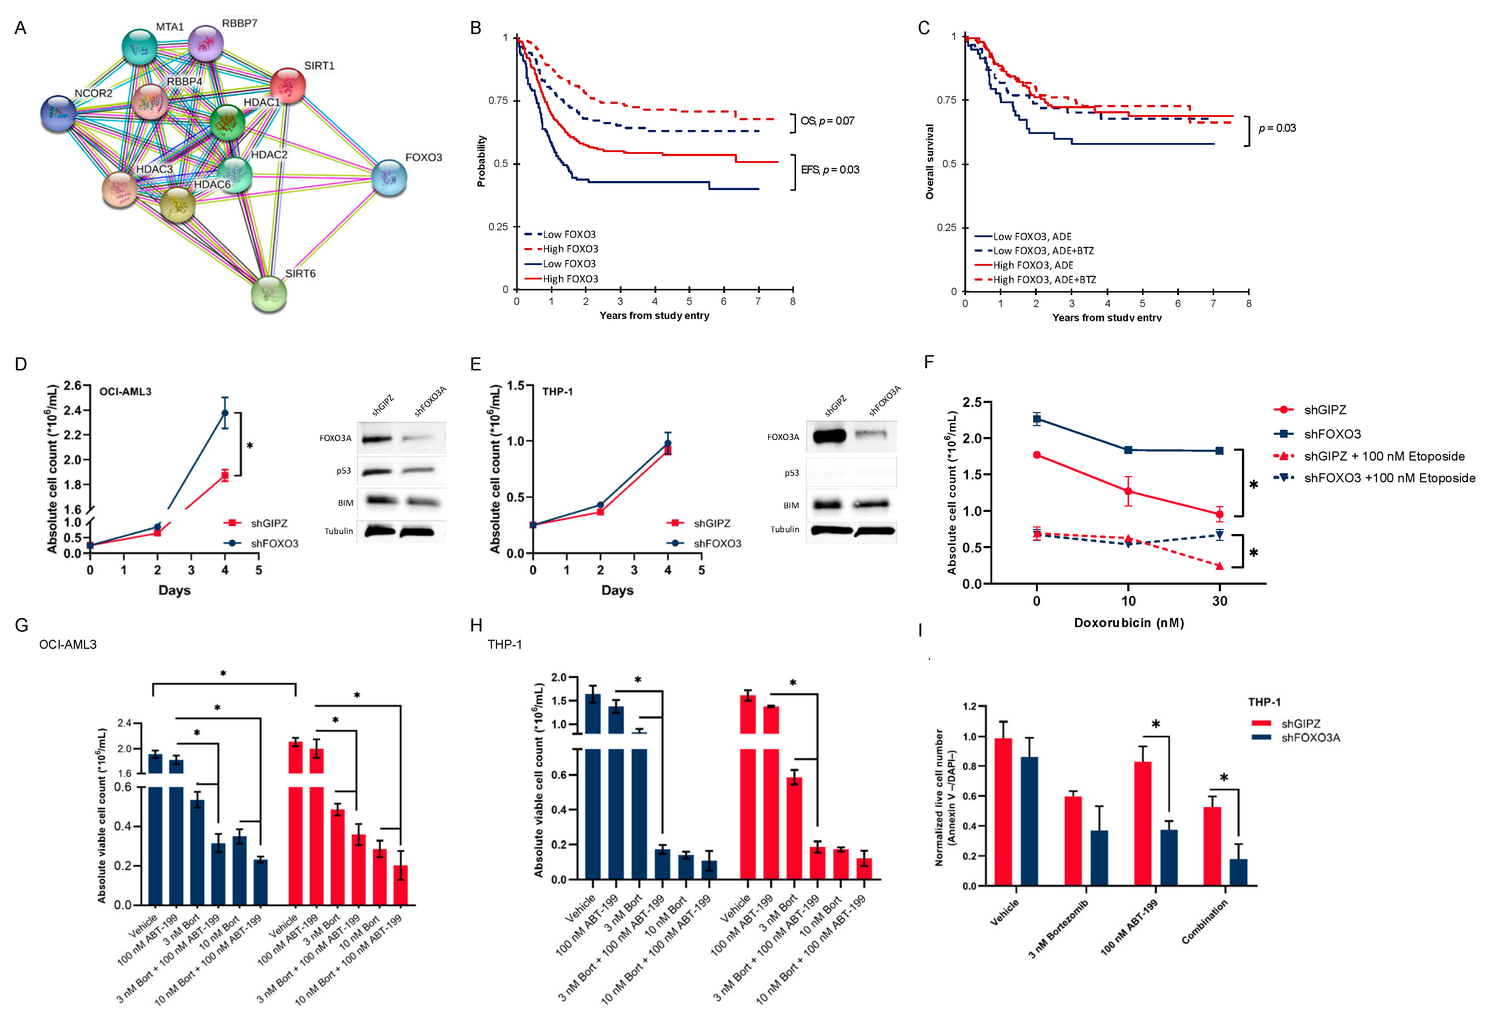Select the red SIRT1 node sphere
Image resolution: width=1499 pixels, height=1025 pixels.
pos(287,86)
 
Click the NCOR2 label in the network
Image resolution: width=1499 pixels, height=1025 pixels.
pos(93,93)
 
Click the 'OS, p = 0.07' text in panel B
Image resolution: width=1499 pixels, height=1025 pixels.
pos(827,121)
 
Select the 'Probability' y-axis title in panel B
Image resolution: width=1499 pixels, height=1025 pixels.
pos(481,161)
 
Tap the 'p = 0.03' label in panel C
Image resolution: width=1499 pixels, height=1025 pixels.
pos(1277,128)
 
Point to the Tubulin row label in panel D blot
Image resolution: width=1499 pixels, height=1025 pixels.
pos(338,531)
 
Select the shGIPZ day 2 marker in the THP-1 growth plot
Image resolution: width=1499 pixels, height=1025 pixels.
pos(601,512)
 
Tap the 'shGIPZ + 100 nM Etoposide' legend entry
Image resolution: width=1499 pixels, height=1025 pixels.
pos(1384,457)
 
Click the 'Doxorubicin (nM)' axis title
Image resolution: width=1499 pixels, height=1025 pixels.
pos(1129,622)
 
